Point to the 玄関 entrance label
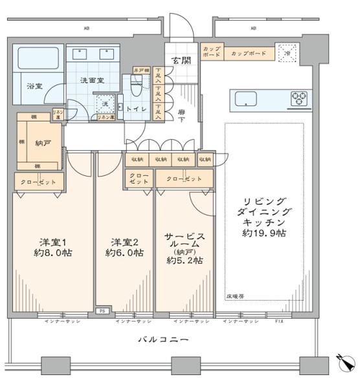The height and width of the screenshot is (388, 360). point(181,61)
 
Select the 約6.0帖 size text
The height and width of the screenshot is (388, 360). point(122,253)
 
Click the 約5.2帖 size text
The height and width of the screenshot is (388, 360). point(184,261)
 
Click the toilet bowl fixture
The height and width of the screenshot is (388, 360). point(136,83)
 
